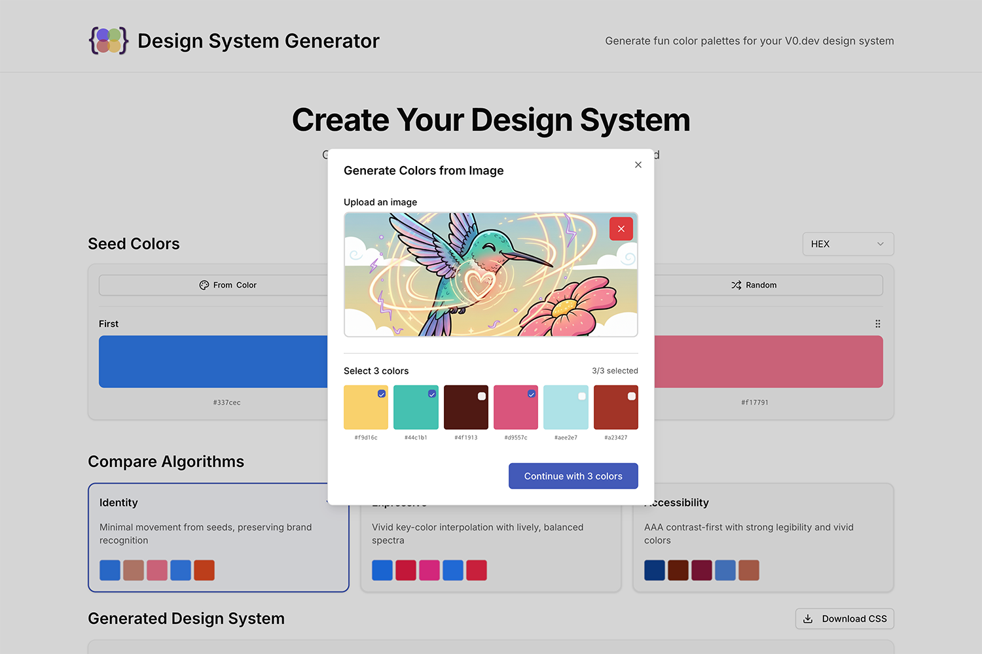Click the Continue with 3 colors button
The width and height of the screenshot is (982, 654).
[573, 476]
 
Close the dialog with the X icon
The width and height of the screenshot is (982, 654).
[638, 165]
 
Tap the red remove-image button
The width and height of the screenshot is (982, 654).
[621, 229]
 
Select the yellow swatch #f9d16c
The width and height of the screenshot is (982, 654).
[366, 407]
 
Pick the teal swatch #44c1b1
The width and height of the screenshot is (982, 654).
[416, 407]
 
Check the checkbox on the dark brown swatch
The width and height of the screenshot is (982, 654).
[482, 396]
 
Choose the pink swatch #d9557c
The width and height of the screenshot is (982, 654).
[516, 407]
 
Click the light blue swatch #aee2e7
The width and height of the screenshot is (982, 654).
[566, 407]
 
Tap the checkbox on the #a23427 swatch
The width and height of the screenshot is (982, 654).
[632, 396]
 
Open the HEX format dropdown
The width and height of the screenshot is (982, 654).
[848, 244]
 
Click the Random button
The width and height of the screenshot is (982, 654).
[754, 285]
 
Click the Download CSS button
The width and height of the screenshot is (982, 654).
[845, 619]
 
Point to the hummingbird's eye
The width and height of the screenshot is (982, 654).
[489, 247]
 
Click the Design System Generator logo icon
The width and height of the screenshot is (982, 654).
[109, 41]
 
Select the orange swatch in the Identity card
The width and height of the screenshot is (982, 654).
[204, 570]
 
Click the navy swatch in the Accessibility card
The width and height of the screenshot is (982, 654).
[655, 570]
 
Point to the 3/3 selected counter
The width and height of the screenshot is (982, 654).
[615, 371]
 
